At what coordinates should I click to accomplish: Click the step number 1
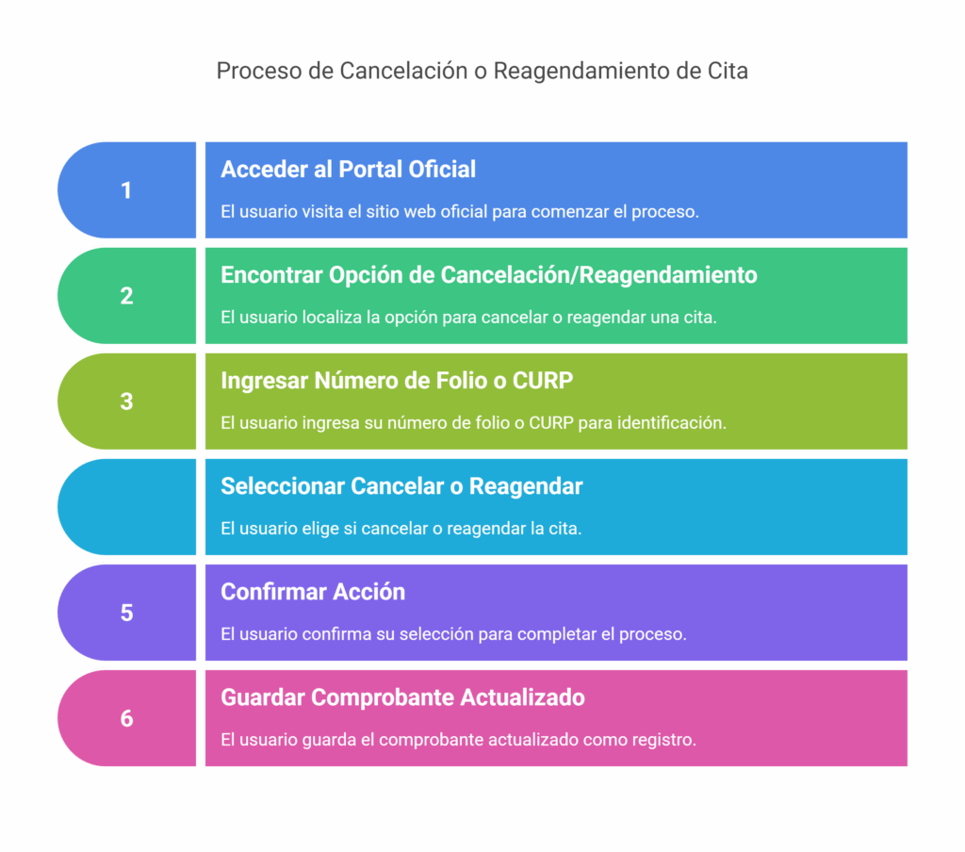click(126, 190)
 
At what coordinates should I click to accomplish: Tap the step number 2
click(126, 296)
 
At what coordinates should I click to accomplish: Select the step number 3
click(126, 401)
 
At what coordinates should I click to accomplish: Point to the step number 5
click(126, 613)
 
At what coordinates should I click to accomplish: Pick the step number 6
click(126, 718)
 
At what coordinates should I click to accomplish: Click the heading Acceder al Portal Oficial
click(349, 170)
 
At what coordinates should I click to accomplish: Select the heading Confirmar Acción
click(313, 592)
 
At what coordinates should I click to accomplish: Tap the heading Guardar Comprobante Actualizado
click(403, 697)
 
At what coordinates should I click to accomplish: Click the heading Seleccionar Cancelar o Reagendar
click(401, 486)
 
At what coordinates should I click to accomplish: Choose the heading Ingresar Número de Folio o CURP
click(397, 381)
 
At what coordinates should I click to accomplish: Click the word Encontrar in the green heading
click(271, 275)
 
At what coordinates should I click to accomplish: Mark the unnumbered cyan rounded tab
click(127, 507)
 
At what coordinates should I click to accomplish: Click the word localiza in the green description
click(332, 318)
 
